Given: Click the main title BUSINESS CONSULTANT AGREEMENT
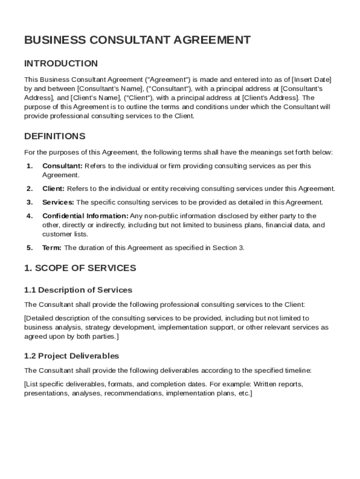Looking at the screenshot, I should (137, 40).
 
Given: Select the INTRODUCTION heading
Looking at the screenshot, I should (61, 64).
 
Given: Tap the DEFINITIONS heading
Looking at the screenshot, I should (55, 136).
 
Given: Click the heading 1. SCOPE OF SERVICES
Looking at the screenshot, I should (80, 268).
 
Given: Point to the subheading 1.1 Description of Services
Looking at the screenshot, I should (78, 290).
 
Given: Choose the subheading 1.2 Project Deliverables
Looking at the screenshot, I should (72, 356).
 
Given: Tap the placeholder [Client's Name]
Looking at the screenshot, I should (96, 98).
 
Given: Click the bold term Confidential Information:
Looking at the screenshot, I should (85, 216).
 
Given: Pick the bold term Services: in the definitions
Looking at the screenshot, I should (58, 203).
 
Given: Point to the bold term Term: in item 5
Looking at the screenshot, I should (52, 248).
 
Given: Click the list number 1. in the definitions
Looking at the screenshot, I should (29, 166).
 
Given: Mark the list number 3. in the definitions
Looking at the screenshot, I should (29, 203).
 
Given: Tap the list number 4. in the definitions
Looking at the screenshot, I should (29, 216).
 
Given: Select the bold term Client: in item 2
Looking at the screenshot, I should (53, 189).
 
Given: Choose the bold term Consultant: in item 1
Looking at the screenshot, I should (62, 166).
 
